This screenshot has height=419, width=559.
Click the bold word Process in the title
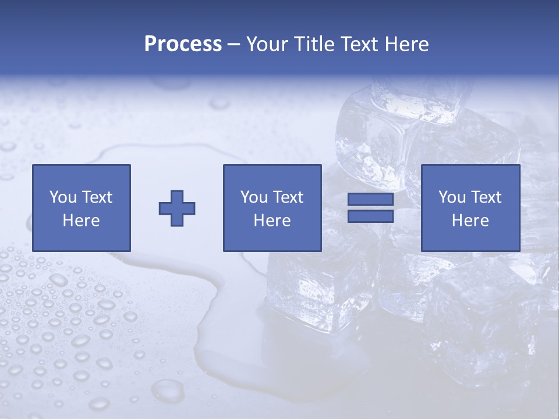pyautogui.click(x=183, y=44)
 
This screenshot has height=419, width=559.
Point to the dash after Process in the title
pyautogui.click(x=234, y=45)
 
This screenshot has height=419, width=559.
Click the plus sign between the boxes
pyautogui.click(x=177, y=208)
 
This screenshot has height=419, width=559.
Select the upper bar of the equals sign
pyautogui.click(x=370, y=200)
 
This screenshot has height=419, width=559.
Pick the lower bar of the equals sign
pyautogui.click(x=370, y=216)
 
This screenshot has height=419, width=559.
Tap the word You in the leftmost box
pyautogui.click(x=62, y=197)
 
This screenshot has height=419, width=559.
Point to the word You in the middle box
pyautogui.click(x=254, y=197)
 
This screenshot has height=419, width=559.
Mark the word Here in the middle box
pyautogui.click(x=272, y=221)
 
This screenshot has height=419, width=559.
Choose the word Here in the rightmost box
pyautogui.click(x=470, y=221)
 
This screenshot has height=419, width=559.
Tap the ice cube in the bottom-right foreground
pyautogui.click(x=483, y=326)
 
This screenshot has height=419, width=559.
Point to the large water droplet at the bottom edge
pyautogui.click(x=168, y=390)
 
